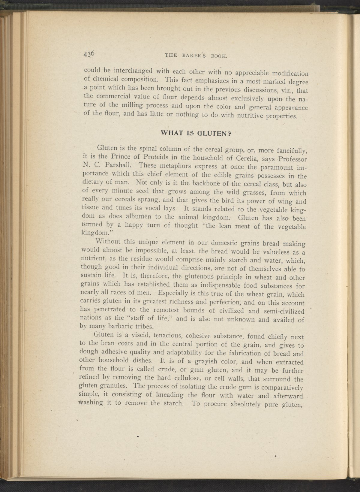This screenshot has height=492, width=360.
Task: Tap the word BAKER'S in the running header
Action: click(x=191, y=55)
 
